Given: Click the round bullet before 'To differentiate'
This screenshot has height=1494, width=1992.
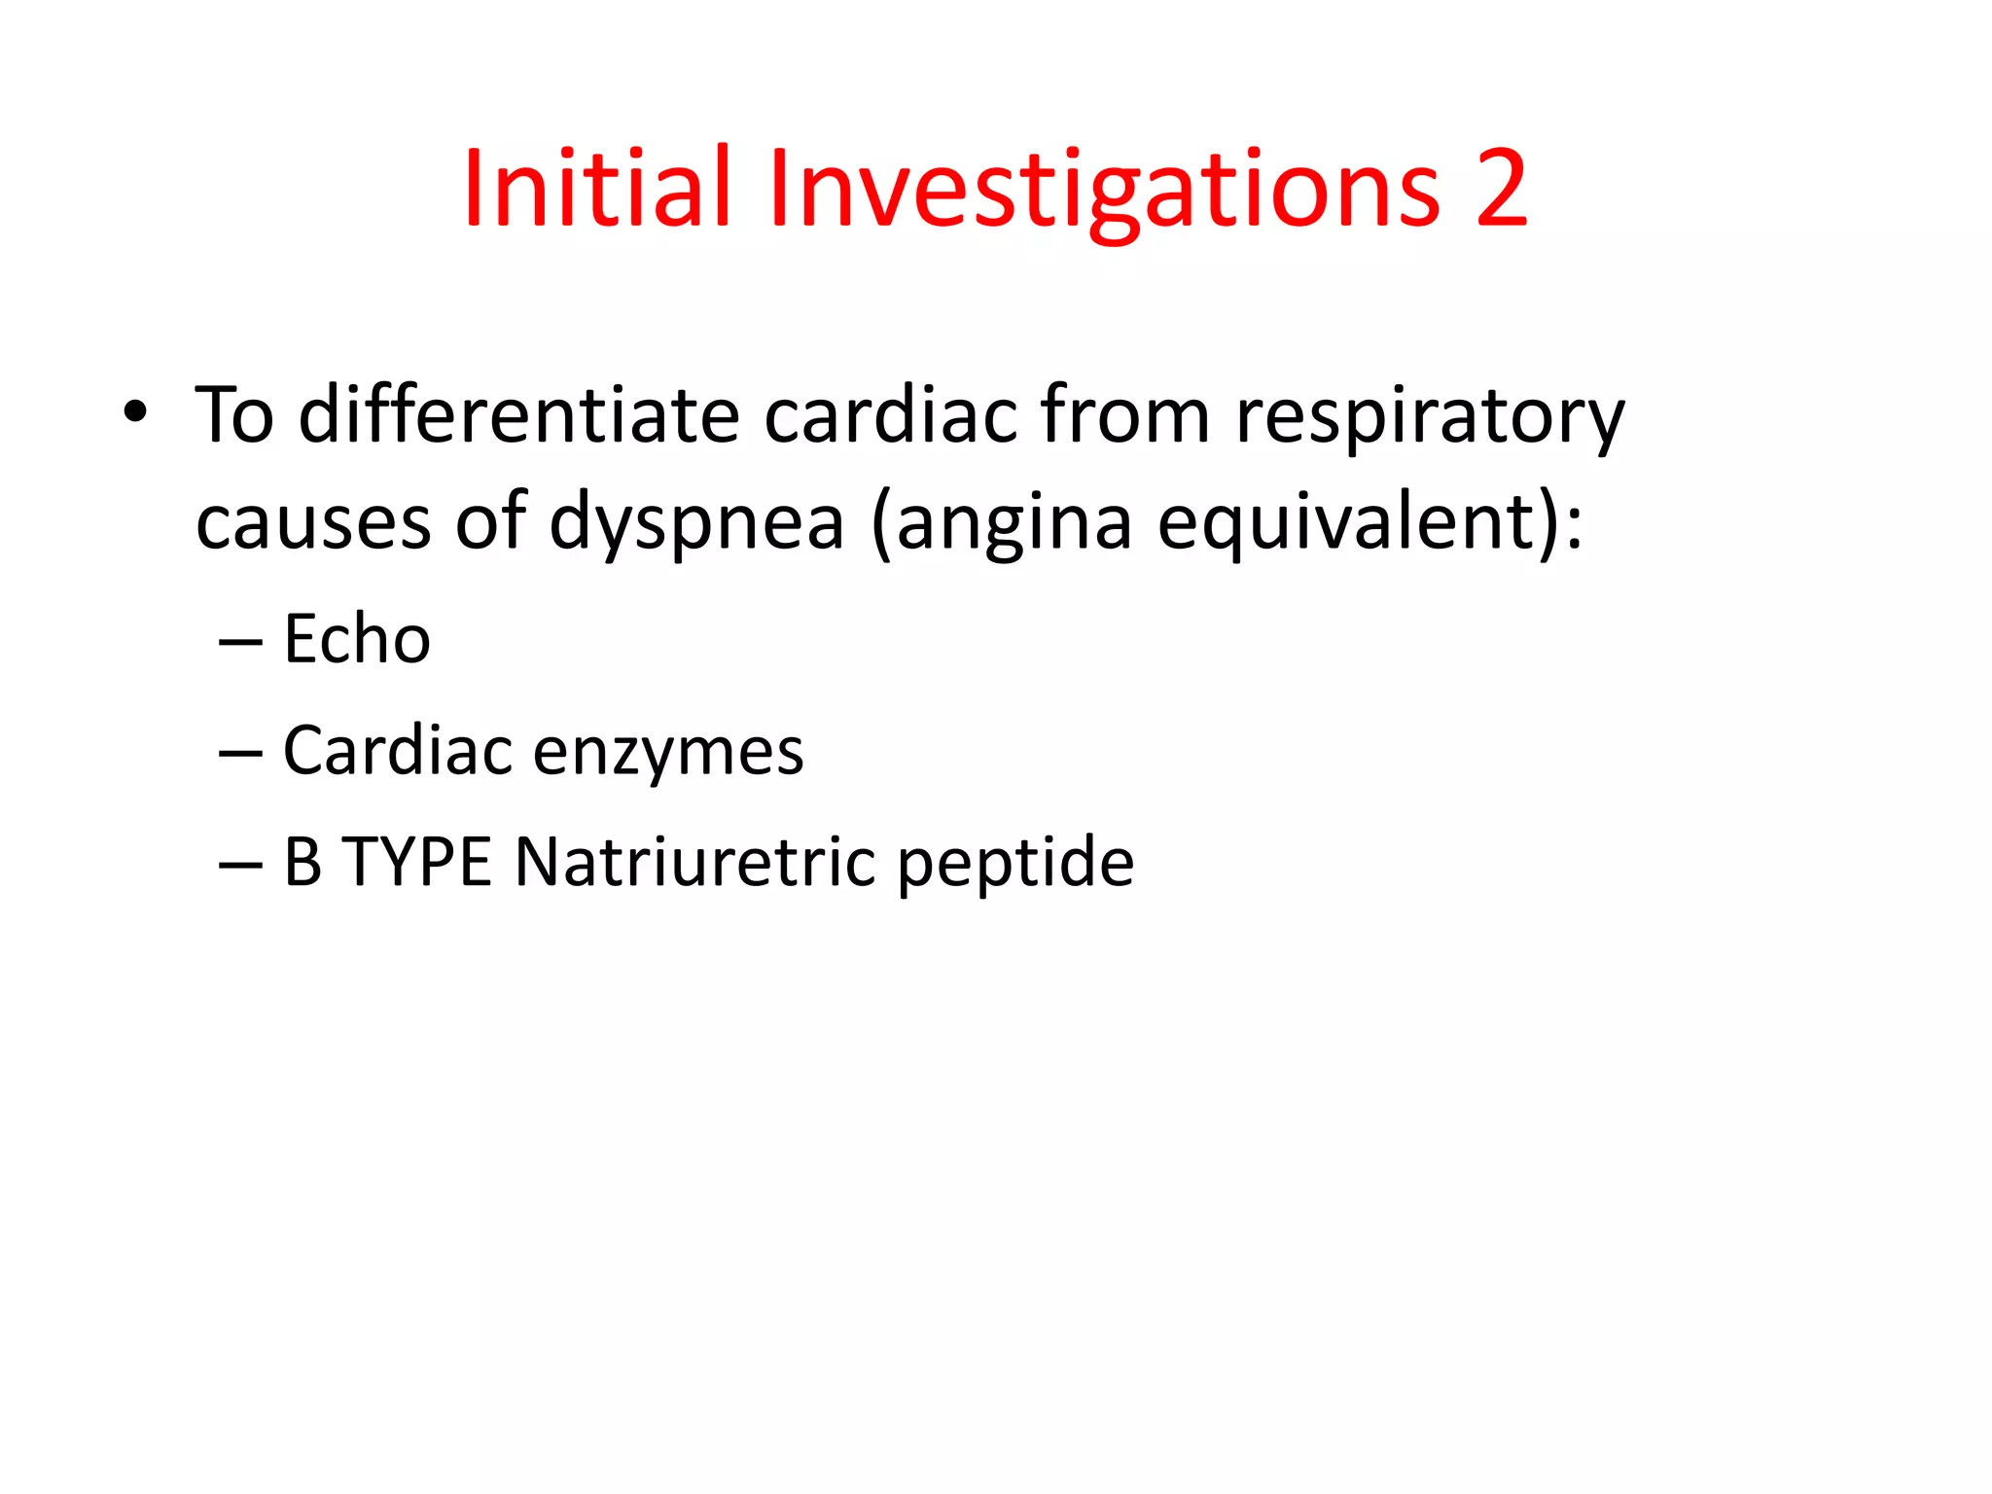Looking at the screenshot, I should coord(135,413).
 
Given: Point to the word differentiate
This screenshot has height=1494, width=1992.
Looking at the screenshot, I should coord(518,415).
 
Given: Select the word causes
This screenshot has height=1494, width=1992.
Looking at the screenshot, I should coord(312,522).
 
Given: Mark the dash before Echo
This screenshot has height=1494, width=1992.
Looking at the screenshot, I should coord(240,642).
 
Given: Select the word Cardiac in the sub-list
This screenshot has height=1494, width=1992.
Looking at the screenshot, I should coord(397,751).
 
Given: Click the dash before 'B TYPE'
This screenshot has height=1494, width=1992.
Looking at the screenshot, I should coord(240,865).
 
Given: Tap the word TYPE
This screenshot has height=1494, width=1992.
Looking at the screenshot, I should coord(417,862).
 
